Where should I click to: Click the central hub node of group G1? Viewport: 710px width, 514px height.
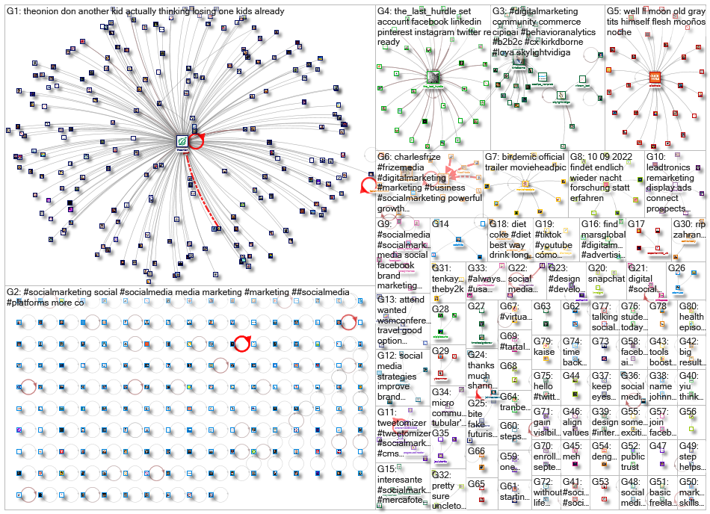(182, 140)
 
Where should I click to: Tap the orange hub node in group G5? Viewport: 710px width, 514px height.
(655, 77)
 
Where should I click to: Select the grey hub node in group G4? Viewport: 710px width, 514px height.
(432, 76)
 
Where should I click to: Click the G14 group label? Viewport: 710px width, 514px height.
(440, 223)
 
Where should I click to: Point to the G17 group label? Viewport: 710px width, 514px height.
(636, 223)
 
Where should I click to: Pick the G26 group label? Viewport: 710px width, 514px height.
(676, 268)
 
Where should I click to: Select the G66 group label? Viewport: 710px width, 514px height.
(476, 451)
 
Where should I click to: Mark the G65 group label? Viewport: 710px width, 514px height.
(476, 484)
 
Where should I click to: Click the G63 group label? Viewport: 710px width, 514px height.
(542, 306)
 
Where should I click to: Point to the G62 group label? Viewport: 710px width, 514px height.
(571, 306)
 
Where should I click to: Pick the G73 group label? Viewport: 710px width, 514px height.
(600, 341)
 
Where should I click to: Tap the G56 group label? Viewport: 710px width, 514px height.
(688, 412)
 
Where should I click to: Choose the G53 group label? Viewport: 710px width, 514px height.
(600, 482)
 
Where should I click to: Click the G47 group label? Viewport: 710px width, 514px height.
(658, 446)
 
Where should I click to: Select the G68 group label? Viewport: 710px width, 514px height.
(508, 366)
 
